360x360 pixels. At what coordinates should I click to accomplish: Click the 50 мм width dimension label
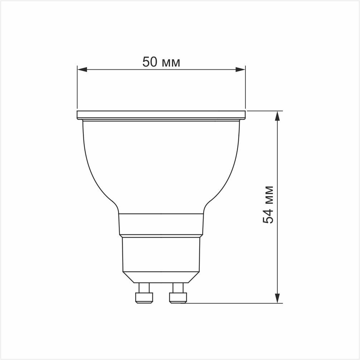[x=161, y=62]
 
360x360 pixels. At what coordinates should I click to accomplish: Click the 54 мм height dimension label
[x=268, y=205]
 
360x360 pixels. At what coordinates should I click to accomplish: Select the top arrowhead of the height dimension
[x=277, y=116]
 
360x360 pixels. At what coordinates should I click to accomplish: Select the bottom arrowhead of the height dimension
[x=277, y=298]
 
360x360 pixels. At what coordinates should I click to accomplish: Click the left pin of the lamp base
[x=144, y=293]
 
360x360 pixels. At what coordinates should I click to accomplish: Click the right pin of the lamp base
[x=178, y=293]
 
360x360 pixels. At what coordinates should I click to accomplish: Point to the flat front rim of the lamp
[x=161, y=115]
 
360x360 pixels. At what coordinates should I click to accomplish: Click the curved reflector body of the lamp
[x=161, y=165]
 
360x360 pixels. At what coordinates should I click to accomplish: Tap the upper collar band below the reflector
[x=161, y=224]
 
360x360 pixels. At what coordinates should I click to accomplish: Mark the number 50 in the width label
[x=150, y=62]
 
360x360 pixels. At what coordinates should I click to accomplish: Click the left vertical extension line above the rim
[x=77, y=89]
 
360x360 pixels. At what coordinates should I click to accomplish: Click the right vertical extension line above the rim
[x=245, y=89]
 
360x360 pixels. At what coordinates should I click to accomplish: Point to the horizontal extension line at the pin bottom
[x=233, y=303]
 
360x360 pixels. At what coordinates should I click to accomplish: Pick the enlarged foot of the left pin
[x=144, y=298]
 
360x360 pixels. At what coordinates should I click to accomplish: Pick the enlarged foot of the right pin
[x=178, y=298]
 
